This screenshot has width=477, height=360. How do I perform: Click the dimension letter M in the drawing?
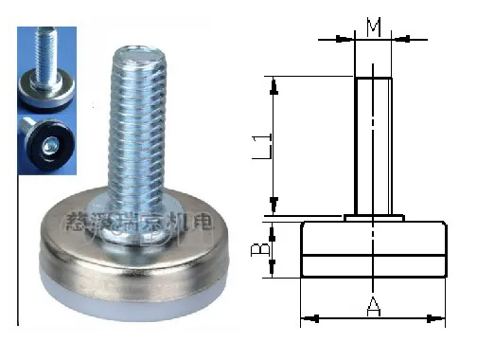(x=374, y=27)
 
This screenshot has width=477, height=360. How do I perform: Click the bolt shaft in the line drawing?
(x=373, y=142)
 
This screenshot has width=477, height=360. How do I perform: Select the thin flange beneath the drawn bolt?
(x=374, y=217)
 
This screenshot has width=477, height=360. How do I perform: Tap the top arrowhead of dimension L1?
(x=274, y=85)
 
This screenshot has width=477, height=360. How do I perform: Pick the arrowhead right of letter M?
(x=400, y=39)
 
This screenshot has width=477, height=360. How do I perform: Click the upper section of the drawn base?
(x=373, y=237)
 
